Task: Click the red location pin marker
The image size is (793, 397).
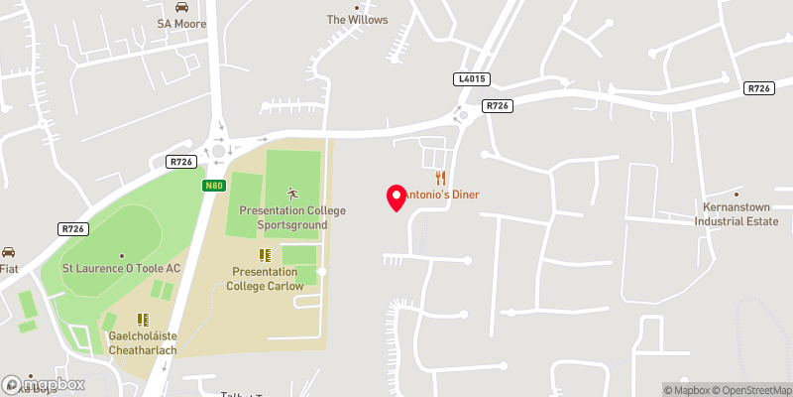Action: coord(396,198)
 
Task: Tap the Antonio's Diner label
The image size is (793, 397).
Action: coord(442,195)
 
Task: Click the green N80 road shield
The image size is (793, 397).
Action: coord(214,186)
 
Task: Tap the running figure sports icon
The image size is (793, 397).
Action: coord(292,193)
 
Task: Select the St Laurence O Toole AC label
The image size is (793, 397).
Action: coord(121,268)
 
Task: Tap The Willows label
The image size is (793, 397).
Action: coord(358,20)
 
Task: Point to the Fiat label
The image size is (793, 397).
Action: coord(9,268)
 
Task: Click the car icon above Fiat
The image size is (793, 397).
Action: coord(8,251)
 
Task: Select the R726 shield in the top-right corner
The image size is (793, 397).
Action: coord(758,88)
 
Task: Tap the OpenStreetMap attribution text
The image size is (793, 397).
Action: coord(749,389)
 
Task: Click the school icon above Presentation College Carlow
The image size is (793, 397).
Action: coord(264,255)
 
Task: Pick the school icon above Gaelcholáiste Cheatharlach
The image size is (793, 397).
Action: coord(142,320)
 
